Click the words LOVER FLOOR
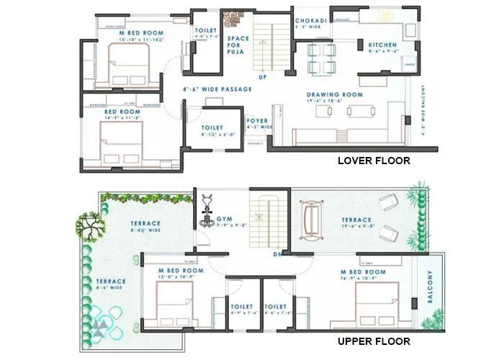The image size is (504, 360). coord(374,161)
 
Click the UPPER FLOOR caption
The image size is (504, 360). coord(374,341)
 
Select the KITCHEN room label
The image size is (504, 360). coord(382,45)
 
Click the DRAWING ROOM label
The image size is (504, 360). coord(334,94)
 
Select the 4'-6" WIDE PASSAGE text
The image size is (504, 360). coord(217,89)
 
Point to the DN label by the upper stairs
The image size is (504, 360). coord(277,254)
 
